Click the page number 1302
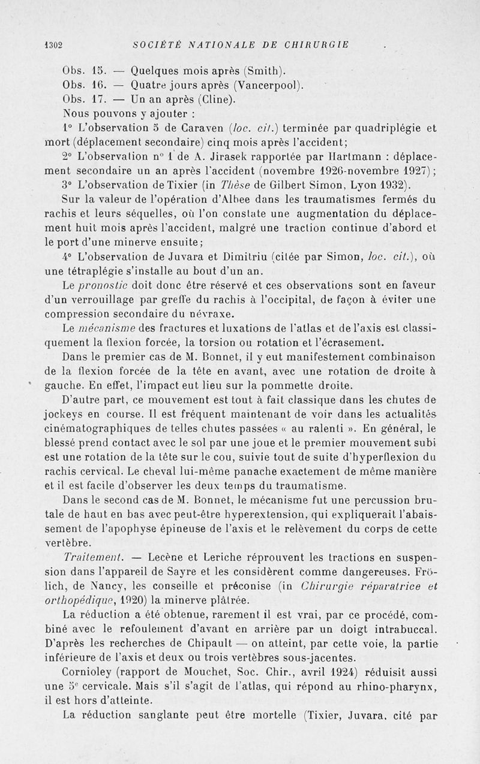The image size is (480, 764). pyautogui.click(x=53, y=44)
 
